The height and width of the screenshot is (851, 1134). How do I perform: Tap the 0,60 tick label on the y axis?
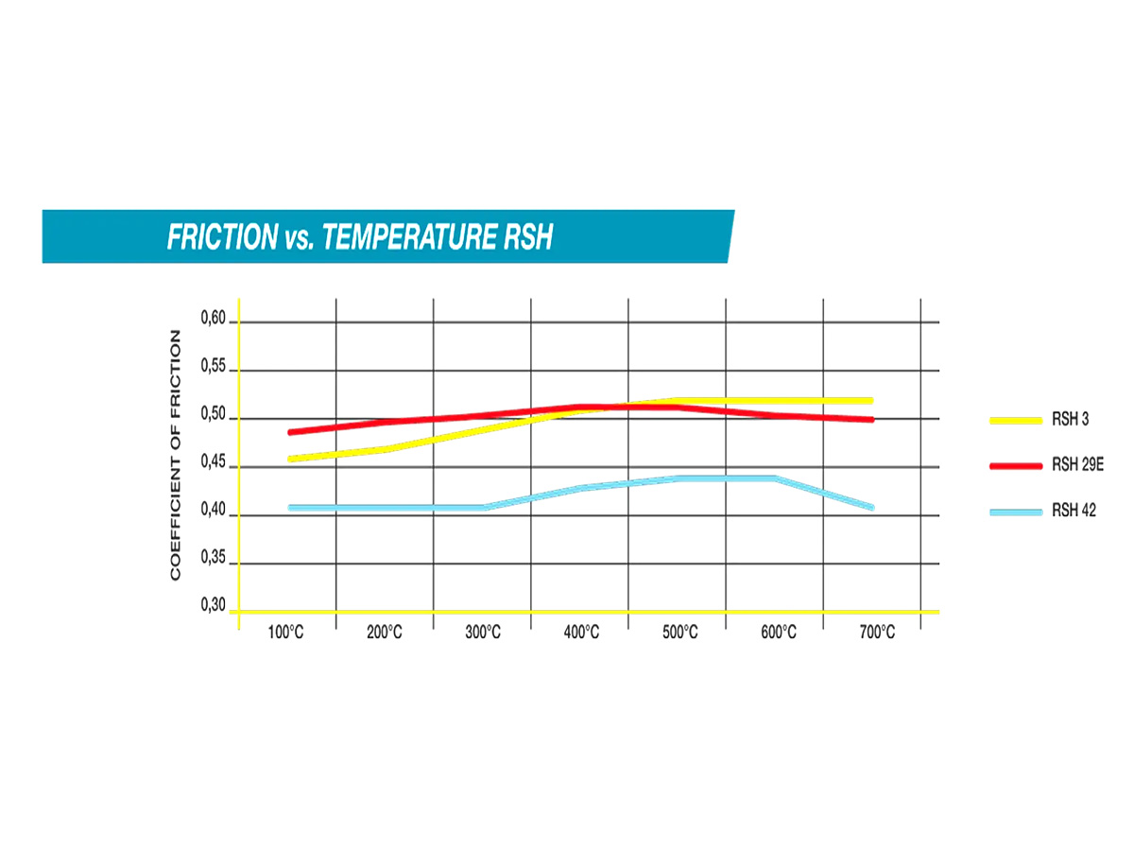point(214,319)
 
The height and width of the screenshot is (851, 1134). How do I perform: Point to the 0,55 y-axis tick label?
point(214,367)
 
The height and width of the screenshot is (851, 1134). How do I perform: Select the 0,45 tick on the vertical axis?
point(214,463)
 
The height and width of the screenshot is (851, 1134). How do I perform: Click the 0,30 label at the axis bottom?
point(214,605)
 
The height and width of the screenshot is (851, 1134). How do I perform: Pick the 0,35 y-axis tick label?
point(214,559)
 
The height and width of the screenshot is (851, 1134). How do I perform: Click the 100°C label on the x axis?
point(285,633)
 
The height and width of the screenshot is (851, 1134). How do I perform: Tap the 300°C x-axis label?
point(482,633)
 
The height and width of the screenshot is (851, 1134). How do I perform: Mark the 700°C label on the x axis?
point(876,633)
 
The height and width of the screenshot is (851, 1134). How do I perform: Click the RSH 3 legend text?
point(1070,420)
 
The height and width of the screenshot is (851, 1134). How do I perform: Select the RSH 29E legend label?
point(1076,465)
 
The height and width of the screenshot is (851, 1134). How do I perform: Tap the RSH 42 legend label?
point(1074,512)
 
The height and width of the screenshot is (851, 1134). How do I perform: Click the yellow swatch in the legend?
point(1015,420)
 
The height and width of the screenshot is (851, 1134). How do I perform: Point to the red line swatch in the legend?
point(1015,466)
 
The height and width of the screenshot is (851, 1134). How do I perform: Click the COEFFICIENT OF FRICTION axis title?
point(175,455)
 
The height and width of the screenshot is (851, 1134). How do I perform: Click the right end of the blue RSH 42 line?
point(870,508)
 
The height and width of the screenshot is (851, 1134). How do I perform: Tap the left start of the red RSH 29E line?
point(291,432)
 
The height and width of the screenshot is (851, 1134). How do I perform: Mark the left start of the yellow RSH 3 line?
point(291,459)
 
